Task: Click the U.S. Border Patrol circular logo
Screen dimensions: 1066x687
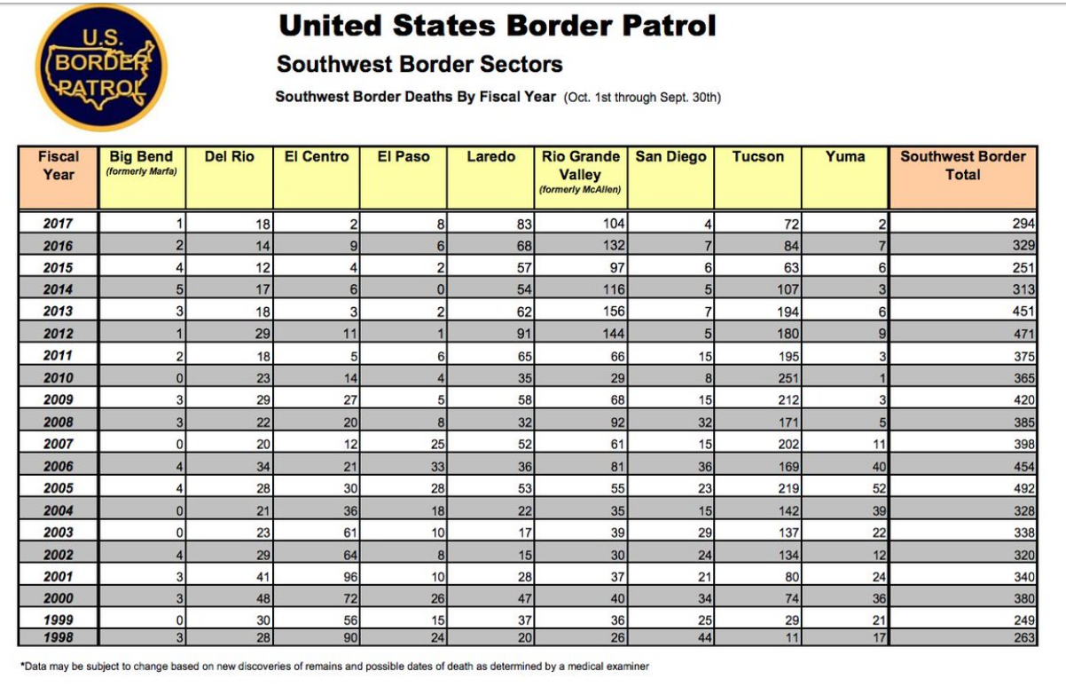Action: point(101,67)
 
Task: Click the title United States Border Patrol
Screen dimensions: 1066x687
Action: point(498,25)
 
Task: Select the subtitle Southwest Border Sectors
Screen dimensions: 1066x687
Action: point(419,64)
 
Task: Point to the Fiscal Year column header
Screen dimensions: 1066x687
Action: point(59,165)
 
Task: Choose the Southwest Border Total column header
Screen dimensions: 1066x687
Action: point(963,165)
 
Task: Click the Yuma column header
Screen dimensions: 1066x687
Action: point(844,157)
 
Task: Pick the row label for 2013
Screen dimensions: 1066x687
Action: point(58,312)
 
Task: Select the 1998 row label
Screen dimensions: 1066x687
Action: point(58,637)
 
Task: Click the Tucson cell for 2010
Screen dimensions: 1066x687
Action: point(788,378)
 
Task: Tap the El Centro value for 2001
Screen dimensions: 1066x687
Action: point(350,577)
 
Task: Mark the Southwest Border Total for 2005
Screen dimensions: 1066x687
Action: point(1023,488)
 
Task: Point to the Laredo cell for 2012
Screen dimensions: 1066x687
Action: point(524,334)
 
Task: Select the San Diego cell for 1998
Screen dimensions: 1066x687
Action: point(705,637)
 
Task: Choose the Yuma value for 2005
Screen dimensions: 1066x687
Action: point(879,488)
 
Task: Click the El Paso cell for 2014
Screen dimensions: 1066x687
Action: point(441,289)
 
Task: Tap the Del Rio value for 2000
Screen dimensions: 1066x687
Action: point(263,598)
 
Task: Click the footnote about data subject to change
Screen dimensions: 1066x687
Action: point(334,667)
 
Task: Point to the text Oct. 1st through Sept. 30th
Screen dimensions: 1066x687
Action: point(642,98)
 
